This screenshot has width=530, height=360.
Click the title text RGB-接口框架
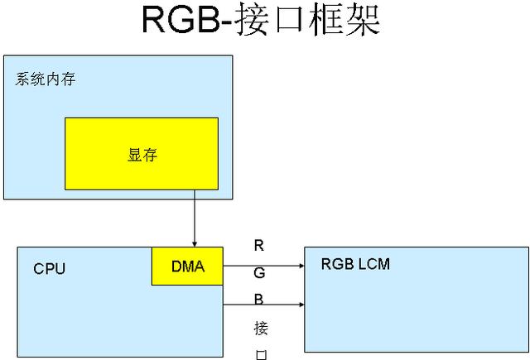pyautogui.click(x=261, y=19)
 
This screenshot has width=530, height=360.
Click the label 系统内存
pyautogui.click(x=46, y=79)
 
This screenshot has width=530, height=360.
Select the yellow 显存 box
pyautogui.click(x=142, y=154)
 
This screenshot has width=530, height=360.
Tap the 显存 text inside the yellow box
pyautogui.click(x=142, y=155)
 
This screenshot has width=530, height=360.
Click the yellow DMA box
pyautogui.click(x=187, y=266)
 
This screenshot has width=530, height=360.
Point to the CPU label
pyautogui.click(x=50, y=269)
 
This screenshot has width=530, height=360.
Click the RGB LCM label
pyautogui.click(x=355, y=264)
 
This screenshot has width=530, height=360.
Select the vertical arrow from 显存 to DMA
pyautogui.click(x=195, y=218)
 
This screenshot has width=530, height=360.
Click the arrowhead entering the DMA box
pyautogui.click(x=195, y=244)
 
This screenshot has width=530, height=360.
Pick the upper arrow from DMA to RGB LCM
pyautogui.click(x=263, y=266)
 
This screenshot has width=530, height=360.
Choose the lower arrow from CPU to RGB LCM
pyautogui.click(x=263, y=305)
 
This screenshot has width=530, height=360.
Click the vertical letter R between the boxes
pyautogui.click(x=259, y=246)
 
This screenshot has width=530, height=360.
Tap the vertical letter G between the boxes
pyautogui.click(x=259, y=272)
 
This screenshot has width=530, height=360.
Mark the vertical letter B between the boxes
pyautogui.click(x=258, y=300)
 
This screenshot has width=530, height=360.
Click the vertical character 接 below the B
pyautogui.click(x=261, y=329)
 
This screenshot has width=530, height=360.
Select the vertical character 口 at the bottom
pyautogui.click(x=261, y=355)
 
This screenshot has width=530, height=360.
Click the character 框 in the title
pyautogui.click(x=325, y=19)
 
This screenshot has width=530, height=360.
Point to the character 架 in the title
pyautogui.click(x=363, y=19)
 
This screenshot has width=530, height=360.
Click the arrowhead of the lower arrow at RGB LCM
pyautogui.click(x=301, y=305)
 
